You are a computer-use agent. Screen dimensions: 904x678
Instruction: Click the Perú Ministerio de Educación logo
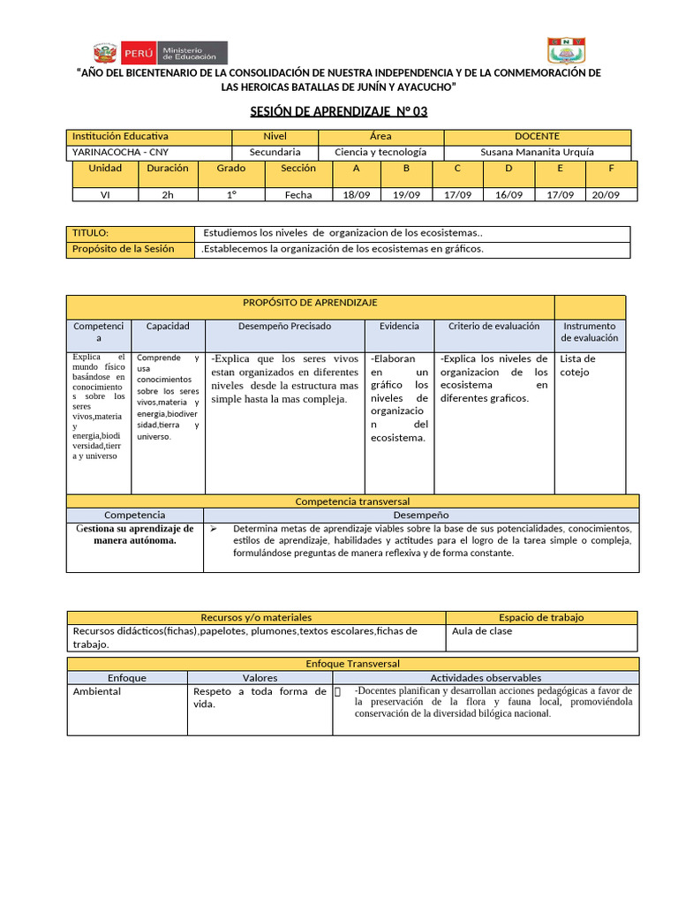click(159, 52)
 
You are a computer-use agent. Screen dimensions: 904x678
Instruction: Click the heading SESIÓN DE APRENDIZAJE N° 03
click(339, 112)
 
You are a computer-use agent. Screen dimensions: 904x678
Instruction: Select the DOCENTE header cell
click(537, 137)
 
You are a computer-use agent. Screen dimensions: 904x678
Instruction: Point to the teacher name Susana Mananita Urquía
click(537, 152)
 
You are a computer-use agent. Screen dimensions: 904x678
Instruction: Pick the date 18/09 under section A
click(356, 195)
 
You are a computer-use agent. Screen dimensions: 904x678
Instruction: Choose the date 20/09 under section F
click(606, 195)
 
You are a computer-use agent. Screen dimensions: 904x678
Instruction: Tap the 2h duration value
click(168, 195)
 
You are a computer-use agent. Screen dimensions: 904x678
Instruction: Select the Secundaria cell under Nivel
click(275, 152)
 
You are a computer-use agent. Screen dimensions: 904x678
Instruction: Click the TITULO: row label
click(90, 233)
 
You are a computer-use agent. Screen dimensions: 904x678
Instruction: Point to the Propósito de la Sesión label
click(123, 249)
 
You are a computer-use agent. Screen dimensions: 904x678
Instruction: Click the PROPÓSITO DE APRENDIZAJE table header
click(310, 303)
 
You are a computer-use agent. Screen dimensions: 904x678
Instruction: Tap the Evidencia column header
click(399, 327)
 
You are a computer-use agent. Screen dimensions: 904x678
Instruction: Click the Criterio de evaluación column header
click(493, 327)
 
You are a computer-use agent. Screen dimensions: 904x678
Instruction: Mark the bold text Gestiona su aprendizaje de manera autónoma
click(134, 534)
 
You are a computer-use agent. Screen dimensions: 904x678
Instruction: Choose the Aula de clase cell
click(482, 631)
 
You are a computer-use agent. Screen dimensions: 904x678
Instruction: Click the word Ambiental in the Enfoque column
click(97, 691)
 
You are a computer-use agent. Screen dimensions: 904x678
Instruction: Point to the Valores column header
click(260, 678)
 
